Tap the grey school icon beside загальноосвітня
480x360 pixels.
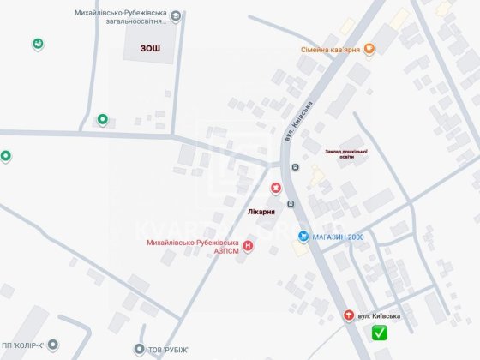click(176, 15)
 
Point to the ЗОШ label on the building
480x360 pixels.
click(151, 48)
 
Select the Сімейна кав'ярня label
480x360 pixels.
click(330, 50)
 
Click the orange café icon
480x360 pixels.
click(369, 50)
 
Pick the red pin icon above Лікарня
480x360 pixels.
click(275, 188)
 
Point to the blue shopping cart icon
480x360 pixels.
click(303, 236)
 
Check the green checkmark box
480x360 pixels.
click(379, 333)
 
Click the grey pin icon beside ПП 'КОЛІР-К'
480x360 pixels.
click(53, 345)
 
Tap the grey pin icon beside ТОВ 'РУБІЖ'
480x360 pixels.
click(140, 349)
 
